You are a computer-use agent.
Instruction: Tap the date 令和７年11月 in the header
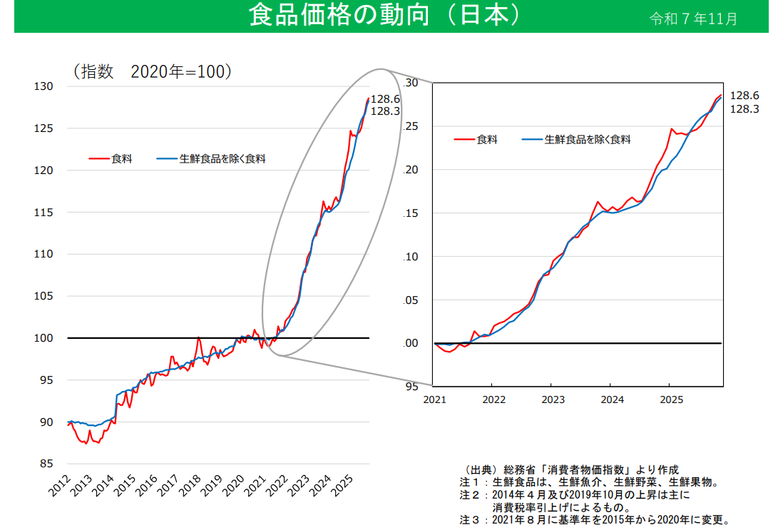[693, 18]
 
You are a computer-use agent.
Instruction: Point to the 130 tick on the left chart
[43, 86]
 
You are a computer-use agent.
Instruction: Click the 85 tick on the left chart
[46, 464]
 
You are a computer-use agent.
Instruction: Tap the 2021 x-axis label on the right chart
[434, 399]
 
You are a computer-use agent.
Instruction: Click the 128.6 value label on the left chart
[385, 99]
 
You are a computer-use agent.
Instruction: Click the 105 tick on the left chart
[43, 296]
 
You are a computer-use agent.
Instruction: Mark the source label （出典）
[478, 469]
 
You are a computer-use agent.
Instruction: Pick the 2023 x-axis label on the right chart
[551, 399]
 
